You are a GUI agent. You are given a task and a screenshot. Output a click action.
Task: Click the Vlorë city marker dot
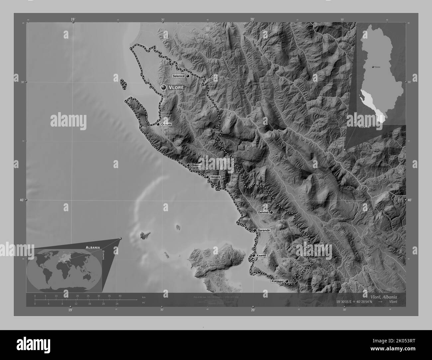pyautogui.click(x=163, y=87)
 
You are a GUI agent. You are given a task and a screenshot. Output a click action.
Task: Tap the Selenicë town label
pyautogui.click(x=178, y=76)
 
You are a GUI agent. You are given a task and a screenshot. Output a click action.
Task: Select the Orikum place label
pyautogui.click(x=166, y=125)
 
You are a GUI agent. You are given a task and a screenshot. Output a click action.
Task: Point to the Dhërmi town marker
pyautogui.click(x=188, y=165)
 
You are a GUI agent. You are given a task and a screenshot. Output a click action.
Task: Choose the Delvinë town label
pyautogui.click(x=263, y=212)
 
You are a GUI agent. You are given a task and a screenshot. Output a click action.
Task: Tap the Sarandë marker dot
pyautogui.click(x=254, y=230)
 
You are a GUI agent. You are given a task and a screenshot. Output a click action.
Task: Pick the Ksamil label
pyautogui.click(x=262, y=255)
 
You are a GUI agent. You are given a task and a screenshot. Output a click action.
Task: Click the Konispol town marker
pyautogui.click(x=286, y=281)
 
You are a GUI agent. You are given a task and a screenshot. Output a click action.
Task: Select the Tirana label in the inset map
pyautogui.click(x=377, y=67)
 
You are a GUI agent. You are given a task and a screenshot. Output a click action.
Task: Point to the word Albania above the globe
pyautogui.click(x=93, y=247)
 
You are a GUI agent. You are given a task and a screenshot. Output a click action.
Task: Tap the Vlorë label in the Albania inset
pyautogui.click(x=365, y=127)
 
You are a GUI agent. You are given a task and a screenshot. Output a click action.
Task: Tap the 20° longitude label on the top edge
pyautogui.click(x=253, y=20)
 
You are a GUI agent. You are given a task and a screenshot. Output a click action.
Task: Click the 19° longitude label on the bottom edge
pyautogui.click(x=70, y=310)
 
